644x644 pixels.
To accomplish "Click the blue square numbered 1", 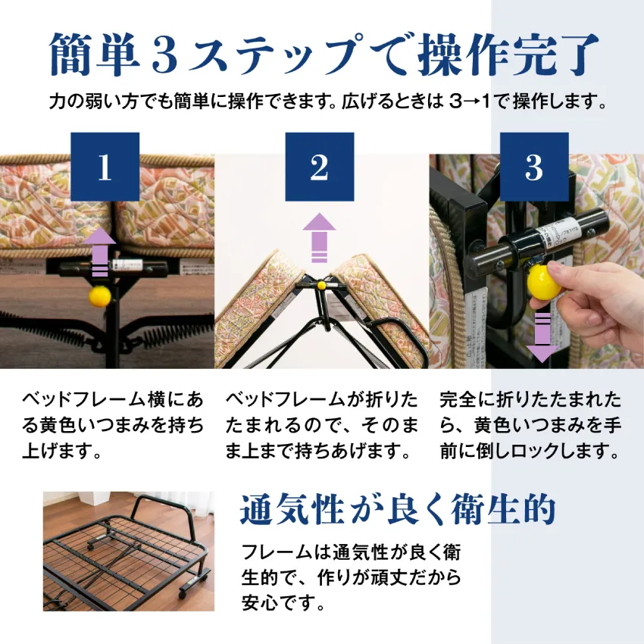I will [x=105, y=168].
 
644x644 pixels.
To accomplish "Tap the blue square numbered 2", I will [x=319, y=168].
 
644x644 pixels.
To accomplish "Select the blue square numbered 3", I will [x=533, y=168].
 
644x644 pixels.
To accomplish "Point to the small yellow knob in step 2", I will [x=320, y=286].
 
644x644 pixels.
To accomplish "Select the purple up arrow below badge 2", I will [x=319, y=237].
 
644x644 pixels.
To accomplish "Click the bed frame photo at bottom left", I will [x=128, y=551].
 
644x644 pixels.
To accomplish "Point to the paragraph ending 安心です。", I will [x=350, y=577].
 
